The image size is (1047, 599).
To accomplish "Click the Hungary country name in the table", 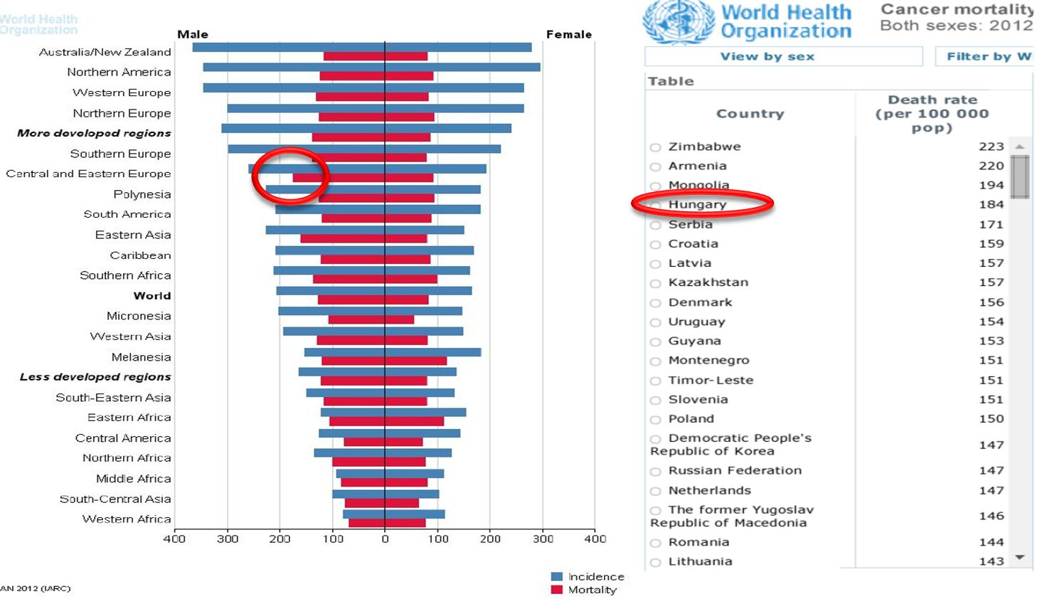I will (x=697, y=205).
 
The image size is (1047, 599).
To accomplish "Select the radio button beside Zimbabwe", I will (x=655, y=148).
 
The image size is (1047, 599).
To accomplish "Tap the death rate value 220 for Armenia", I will (x=991, y=166).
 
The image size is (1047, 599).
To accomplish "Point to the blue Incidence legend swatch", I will (x=557, y=577).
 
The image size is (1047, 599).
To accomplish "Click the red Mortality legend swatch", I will (x=557, y=590).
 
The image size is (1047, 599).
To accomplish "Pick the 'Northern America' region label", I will (x=119, y=72).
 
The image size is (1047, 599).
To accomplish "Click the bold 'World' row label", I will (x=152, y=296).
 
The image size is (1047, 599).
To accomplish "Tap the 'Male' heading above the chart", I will (x=193, y=34).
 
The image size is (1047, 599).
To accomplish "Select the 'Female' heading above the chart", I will (x=568, y=34).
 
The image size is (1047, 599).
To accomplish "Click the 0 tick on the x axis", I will (x=385, y=539).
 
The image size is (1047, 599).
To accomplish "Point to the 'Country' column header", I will (x=750, y=114).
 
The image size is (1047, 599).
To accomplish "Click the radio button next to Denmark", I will (x=655, y=304).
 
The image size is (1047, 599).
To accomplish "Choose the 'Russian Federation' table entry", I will (x=735, y=471).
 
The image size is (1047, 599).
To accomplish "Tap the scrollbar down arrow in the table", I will (x=1021, y=558).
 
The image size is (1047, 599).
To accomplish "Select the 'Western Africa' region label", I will (x=127, y=519).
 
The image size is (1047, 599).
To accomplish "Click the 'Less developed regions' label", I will (x=95, y=377).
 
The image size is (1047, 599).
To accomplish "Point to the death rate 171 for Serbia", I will (x=991, y=225).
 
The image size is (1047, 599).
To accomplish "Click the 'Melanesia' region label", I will (x=141, y=357).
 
